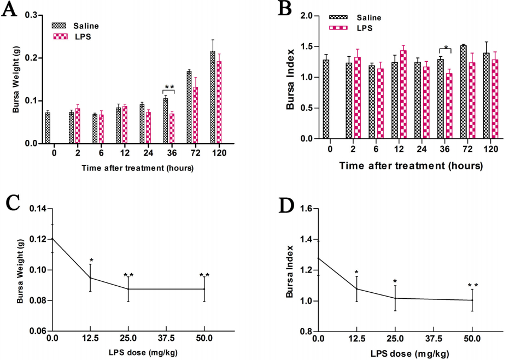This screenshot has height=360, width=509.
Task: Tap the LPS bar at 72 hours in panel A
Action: [195, 115]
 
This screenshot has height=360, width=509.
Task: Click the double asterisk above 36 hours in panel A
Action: [169, 87]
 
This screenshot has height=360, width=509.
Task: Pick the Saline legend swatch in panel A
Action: [58, 25]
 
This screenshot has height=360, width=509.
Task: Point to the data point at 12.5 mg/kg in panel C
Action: [91, 278]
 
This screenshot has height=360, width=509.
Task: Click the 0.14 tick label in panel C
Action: [38, 209]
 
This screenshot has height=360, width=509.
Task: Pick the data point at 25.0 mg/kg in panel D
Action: [394, 298]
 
